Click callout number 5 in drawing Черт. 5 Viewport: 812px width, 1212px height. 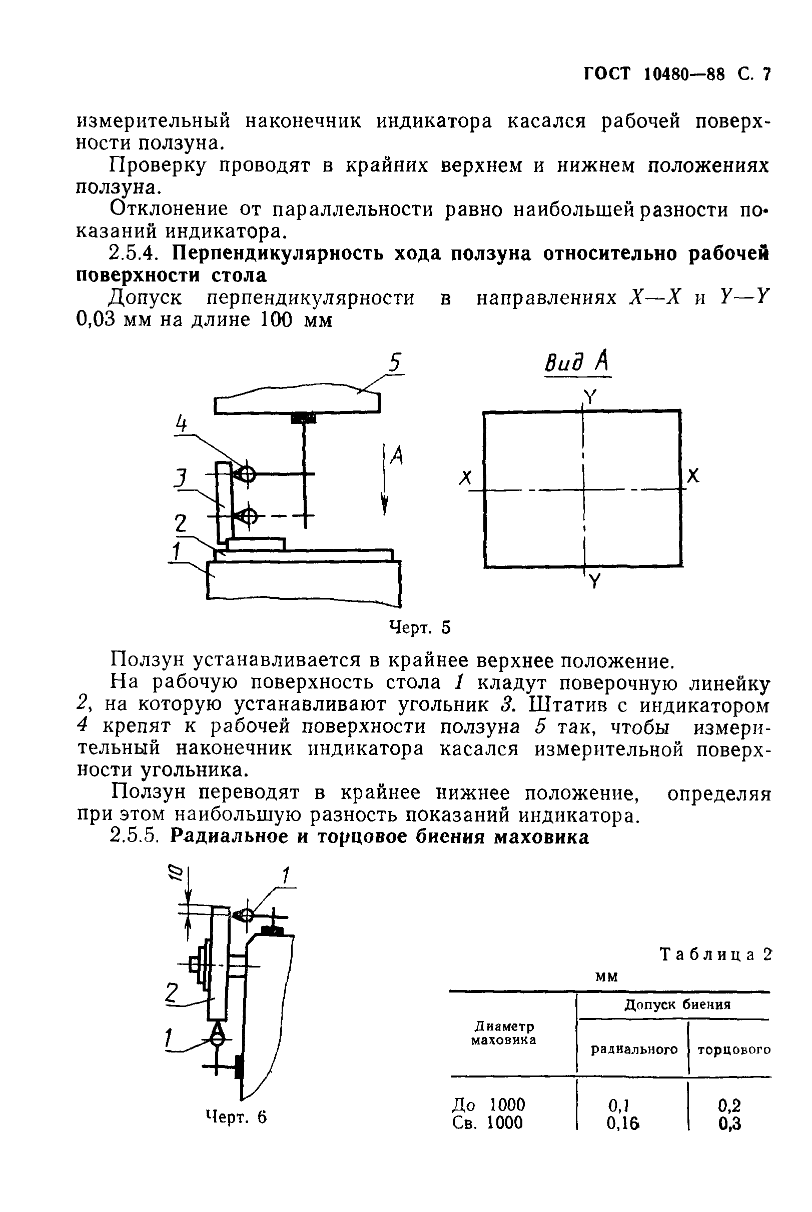pos(395,363)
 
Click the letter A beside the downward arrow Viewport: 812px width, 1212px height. pos(396,456)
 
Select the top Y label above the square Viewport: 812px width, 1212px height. pos(590,397)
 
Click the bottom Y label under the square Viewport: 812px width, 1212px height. pos(594,582)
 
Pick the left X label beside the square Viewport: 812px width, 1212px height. pos(466,477)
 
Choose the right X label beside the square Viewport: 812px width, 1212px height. pos(693,475)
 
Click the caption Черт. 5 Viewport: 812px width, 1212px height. pos(419,627)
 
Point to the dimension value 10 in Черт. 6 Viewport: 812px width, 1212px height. pos(175,873)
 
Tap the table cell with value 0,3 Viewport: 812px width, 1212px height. pos(729,1122)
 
